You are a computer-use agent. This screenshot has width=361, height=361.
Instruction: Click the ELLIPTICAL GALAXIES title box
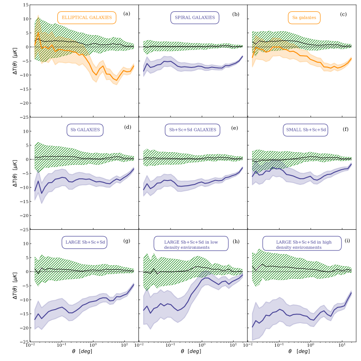pyautogui.click(x=87, y=18)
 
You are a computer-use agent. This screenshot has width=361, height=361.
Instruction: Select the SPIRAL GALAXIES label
pyautogui.click(x=195, y=18)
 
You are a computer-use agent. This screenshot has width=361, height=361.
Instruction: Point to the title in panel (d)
pyautogui.click(x=85, y=130)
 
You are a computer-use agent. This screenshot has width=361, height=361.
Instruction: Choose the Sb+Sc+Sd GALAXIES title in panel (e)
pyautogui.click(x=193, y=130)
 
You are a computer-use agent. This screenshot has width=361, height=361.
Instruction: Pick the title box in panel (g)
pyautogui.click(x=85, y=242)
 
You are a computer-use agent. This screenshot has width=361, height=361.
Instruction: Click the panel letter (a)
pyautogui.click(x=127, y=14)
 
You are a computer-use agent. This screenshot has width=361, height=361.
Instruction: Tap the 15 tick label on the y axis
pyautogui.click(x=25, y=5)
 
